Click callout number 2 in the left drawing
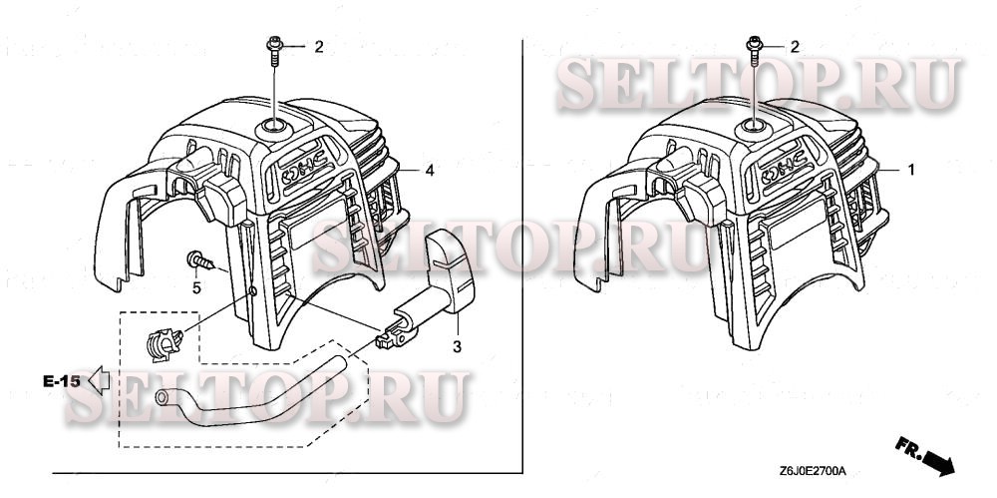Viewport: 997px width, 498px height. click(x=319, y=46)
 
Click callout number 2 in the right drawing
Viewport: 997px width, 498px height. click(x=795, y=46)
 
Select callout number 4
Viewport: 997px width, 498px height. click(x=429, y=172)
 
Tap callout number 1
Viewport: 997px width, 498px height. click(x=910, y=171)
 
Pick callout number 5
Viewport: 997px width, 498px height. click(x=196, y=288)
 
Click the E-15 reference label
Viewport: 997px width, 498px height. click(x=62, y=380)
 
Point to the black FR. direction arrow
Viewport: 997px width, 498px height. click(x=939, y=461)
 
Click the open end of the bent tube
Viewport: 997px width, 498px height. click(x=163, y=398)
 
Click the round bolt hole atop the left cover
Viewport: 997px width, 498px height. click(x=271, y=126)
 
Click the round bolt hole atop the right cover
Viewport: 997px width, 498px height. click(x=753, y=127)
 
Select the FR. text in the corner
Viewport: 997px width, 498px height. click(x=905, y=444)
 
